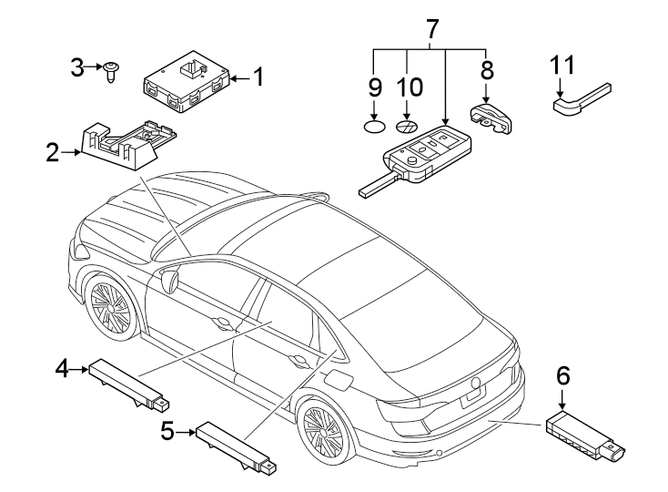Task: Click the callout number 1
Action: click(258, 78)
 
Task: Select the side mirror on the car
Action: click(168, 279)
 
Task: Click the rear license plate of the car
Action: click(473, 395)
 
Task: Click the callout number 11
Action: click(562, 66)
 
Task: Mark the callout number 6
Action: click(562, 374)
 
